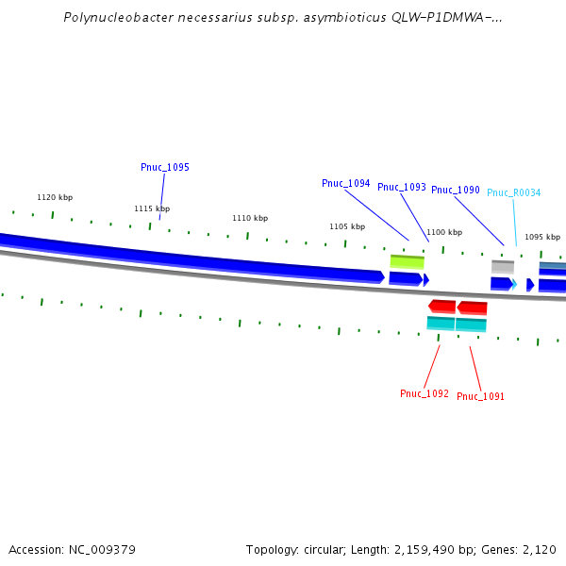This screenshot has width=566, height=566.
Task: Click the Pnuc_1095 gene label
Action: pos(165,167)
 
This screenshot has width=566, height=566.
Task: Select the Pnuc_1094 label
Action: pos(345,183)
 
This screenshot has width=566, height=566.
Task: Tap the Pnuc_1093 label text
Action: pos(402,187)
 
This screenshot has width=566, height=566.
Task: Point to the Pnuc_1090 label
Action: pos(456,190)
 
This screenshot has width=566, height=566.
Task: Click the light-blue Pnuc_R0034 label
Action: pos(513,192)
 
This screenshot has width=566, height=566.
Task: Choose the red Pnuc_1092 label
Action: pos(424,393)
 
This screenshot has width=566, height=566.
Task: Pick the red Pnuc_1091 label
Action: pos(480,396)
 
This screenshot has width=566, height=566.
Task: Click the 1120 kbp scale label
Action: pos(55,197)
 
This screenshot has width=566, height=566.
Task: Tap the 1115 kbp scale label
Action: pos(152,208)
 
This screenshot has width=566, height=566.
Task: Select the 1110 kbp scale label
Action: pos(250,218)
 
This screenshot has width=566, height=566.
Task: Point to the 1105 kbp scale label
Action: pos(347,226)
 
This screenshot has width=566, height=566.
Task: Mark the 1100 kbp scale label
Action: pos(444,232)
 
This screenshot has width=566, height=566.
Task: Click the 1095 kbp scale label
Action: pos(542,237)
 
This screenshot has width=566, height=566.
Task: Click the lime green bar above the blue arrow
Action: pos(408,261)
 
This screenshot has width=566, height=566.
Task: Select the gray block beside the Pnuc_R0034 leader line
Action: pos(502,267)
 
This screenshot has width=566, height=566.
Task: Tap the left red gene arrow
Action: pos(441,306)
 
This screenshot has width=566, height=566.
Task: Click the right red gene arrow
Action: pos(472,308)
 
